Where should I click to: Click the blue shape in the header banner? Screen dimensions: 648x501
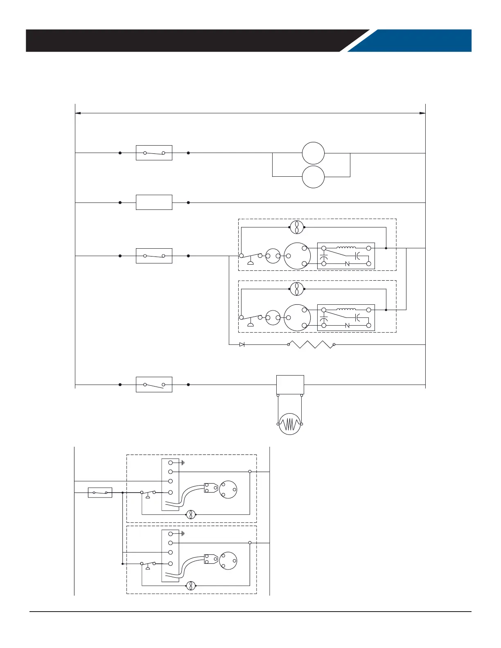413,40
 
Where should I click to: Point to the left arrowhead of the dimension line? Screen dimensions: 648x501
78,113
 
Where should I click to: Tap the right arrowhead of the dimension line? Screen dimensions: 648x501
422,113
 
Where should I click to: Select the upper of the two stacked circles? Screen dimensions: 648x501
313,153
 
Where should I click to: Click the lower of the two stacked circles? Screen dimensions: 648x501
313,177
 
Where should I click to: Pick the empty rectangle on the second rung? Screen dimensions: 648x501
154,202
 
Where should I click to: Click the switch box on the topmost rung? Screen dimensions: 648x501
154,153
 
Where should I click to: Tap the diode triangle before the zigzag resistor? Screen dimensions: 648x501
242,344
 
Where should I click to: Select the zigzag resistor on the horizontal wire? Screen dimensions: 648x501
311,344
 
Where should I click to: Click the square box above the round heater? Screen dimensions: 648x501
290,385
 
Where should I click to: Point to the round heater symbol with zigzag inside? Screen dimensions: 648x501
290,424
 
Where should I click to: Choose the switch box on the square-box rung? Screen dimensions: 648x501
154,385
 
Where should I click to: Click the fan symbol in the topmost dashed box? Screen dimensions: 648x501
297,227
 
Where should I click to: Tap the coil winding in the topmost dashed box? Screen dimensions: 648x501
346,248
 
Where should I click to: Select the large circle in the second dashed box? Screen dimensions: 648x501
297,318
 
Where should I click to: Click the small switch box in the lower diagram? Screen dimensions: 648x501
100,493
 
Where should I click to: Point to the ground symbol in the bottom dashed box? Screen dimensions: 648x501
182,534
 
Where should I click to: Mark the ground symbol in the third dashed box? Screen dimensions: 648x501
182,463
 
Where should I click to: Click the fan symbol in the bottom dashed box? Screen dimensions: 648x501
190,586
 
